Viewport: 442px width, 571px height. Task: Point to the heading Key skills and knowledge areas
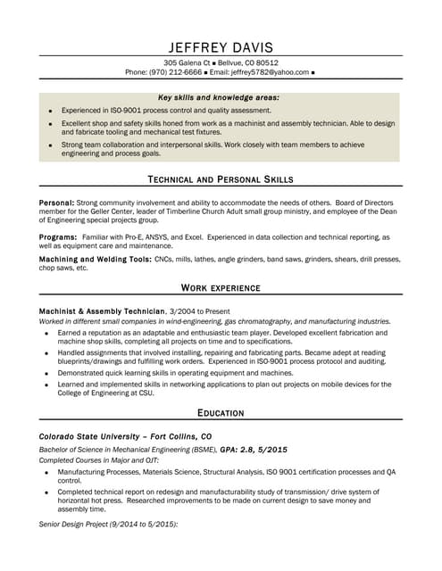coord(219,96)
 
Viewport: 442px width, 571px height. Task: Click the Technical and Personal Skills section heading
coord(220,179)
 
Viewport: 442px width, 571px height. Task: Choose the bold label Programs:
coord(58,236)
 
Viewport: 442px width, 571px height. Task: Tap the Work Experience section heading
coord(221,288)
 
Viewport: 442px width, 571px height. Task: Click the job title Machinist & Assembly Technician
coord(102,310)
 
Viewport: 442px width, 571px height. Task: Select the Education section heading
coord(221,413)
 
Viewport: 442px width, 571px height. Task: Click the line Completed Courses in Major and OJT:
coord(98,459)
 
